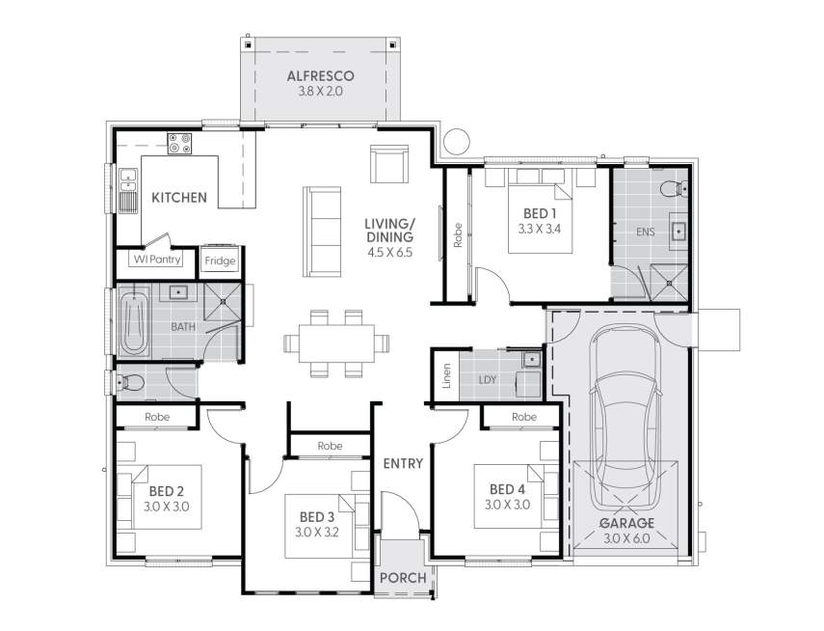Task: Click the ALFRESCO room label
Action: (x=321, y=75)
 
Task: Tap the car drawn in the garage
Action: (x=626, y=415)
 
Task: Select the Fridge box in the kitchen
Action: (x=220, y=261)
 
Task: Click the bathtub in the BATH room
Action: (x=133, y=323)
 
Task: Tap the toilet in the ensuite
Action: (x=671, y=187)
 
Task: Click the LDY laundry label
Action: (x=488, y=379)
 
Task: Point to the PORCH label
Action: (x=402, y=578)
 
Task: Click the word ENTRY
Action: (x=403, y=463)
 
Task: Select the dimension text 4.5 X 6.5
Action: (x=389, y=253)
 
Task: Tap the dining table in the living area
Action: (x=337, y=342)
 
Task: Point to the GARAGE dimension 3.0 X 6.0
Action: (x=627, y=538)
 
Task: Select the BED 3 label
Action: (x=316, y=515)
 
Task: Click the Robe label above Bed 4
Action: (x=523, y=417)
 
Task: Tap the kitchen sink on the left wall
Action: (x=127, y=189)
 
